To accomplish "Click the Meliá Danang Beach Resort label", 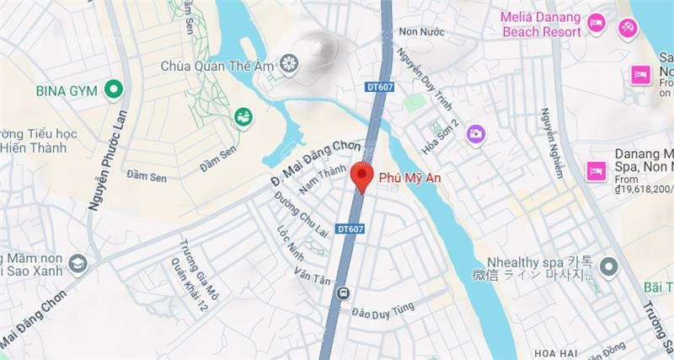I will pos(541,24).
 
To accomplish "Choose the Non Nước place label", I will pos(420,31).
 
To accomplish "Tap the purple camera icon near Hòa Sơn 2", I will pos(476,133).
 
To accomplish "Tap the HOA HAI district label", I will pos(555,351).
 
